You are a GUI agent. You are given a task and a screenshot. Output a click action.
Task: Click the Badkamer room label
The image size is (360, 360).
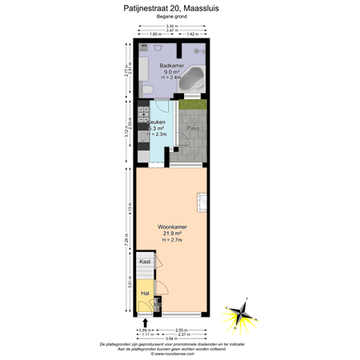[171, 65]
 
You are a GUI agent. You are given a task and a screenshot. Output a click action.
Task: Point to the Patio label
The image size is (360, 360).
[193, 128]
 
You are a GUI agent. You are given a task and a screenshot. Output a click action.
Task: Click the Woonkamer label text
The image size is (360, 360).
[172, 227]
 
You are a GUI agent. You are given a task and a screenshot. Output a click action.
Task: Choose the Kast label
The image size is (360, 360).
[145, 262]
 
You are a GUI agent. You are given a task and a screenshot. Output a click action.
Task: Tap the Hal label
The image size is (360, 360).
[145, 294]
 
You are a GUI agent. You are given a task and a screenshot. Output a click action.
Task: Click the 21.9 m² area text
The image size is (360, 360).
[172, 234]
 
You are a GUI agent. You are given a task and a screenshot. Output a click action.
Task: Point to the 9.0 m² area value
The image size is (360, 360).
[171, 71]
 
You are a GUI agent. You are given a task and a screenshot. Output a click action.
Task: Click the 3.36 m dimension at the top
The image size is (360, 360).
[172, 26]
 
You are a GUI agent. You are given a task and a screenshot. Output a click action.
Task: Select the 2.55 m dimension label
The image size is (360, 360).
[182, 329]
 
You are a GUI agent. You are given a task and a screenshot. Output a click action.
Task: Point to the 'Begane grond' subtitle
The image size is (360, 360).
[171, 18]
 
